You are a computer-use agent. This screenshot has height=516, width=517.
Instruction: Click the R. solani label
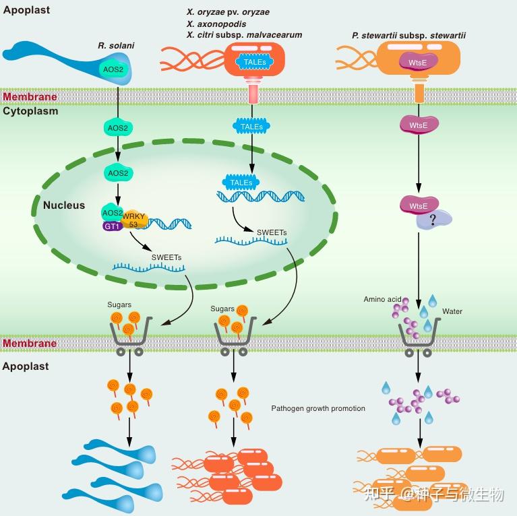click(116, 45)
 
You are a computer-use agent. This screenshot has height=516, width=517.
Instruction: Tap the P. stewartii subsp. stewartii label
click(409, 35)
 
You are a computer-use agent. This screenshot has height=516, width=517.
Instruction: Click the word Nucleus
click(64, 205)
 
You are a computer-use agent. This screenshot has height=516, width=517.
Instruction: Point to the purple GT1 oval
click(111, 227)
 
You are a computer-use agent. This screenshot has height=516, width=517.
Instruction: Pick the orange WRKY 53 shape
click(133, 219)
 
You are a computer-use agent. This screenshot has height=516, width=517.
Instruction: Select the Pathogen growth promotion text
click(318, 408)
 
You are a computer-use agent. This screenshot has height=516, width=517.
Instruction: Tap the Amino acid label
click(382, 299)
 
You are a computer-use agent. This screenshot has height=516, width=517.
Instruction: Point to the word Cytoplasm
click(30, 111)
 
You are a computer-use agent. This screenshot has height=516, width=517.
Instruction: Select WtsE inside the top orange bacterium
click(419, 63)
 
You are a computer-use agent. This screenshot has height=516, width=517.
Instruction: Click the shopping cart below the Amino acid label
click(418, 335)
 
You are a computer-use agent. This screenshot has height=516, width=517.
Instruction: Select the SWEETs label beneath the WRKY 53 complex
click(166, 257)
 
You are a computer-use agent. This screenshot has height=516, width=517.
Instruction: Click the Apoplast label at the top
click(26, 10)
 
